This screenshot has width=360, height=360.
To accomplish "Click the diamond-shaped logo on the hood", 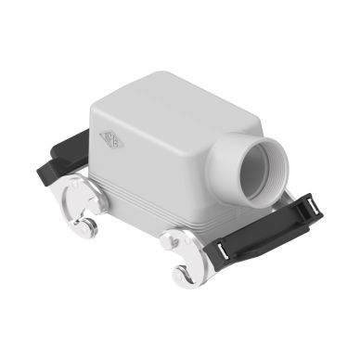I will [x=110, y=140].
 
